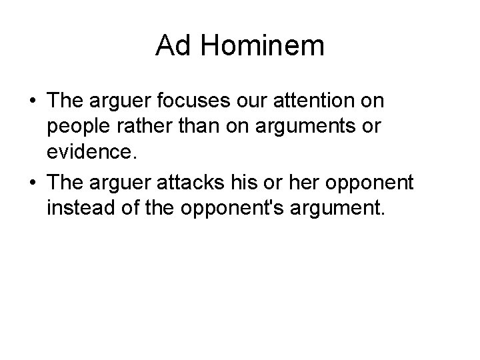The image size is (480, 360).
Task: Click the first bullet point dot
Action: tap(32, 101)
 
